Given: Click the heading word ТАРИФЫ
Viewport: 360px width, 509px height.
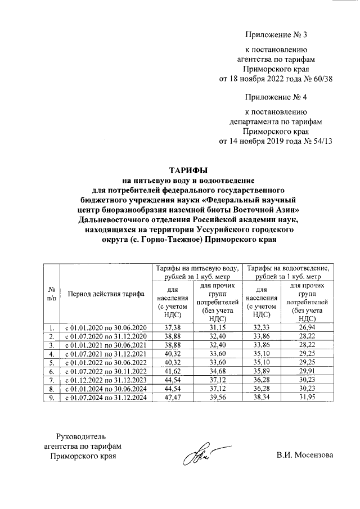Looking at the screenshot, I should [189, 170].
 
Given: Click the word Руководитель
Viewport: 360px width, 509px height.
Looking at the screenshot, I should [81, 436].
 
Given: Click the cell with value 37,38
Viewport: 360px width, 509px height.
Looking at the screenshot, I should [171, 327].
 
